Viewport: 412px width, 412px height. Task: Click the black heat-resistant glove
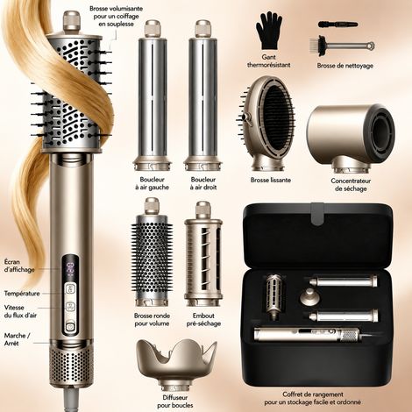tap(268, 32)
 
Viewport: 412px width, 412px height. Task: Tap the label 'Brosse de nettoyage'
tap(345, 66)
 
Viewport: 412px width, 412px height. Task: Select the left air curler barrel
tap(152, 95)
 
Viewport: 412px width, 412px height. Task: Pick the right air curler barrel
tap(202, 95)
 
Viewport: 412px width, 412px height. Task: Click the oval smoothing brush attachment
tap(266, 124)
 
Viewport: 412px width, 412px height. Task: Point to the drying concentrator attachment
tap(351, 139)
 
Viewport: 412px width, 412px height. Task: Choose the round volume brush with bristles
tap(152, 252)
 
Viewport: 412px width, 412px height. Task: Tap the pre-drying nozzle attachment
tap(203, 253)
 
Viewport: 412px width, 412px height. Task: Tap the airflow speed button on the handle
tap(70, 307)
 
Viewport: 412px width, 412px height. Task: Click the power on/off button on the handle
tap(70, 326)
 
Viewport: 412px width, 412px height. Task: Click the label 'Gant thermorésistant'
tap(269, 61)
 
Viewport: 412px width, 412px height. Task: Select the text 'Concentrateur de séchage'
tap(351, 185)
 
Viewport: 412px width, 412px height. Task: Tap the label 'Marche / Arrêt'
tap(17, 339)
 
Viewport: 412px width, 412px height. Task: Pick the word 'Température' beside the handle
tap(22, 294)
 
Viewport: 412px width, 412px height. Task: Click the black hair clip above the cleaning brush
tap(337, 25)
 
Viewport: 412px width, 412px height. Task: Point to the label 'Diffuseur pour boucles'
tap(175, 401)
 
